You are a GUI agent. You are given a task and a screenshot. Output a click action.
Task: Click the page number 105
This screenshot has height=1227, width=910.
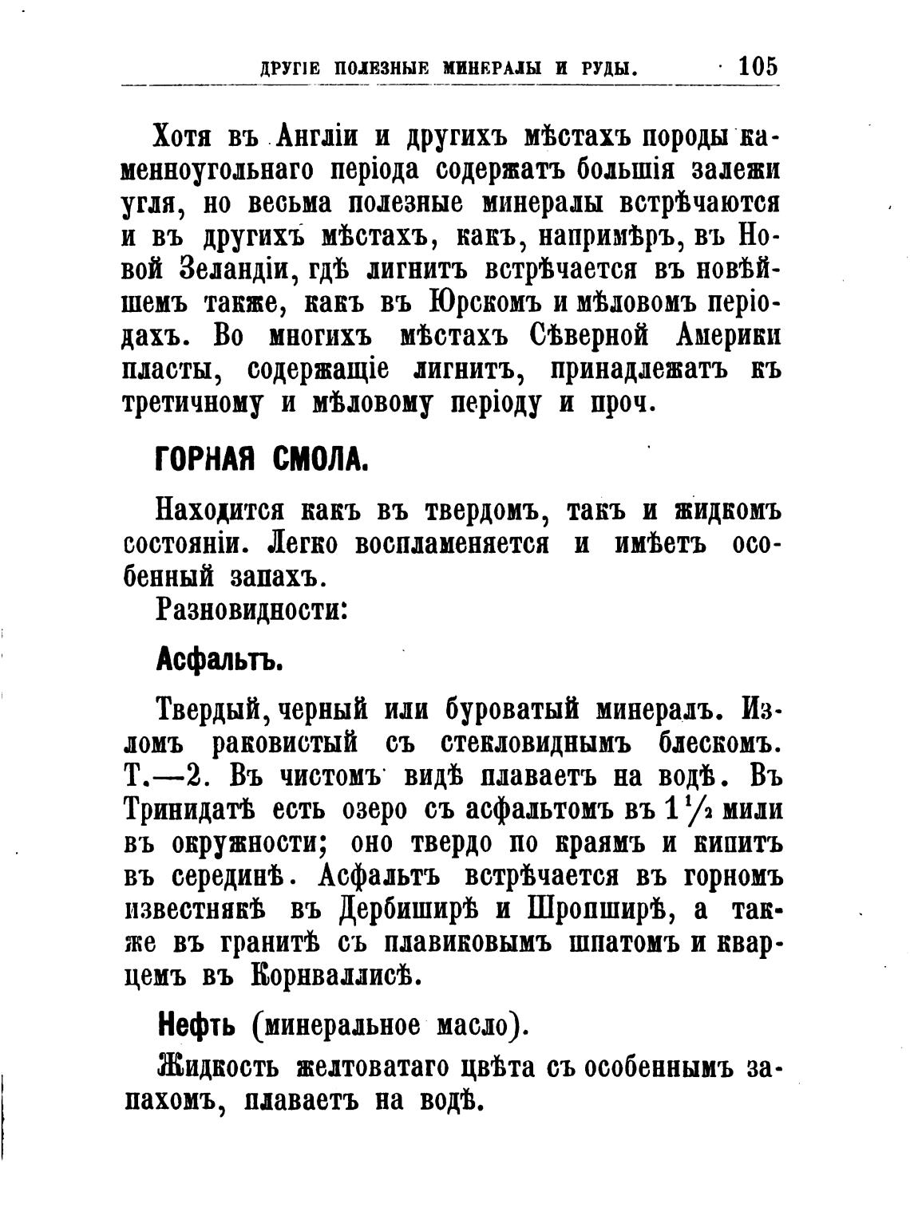(758, 65)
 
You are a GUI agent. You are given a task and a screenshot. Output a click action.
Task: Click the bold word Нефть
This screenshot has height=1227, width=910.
(196, 1023)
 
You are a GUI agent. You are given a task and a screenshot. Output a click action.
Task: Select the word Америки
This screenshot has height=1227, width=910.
(727, 337)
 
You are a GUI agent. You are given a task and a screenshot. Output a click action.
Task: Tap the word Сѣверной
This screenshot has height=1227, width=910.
(586, 337)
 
